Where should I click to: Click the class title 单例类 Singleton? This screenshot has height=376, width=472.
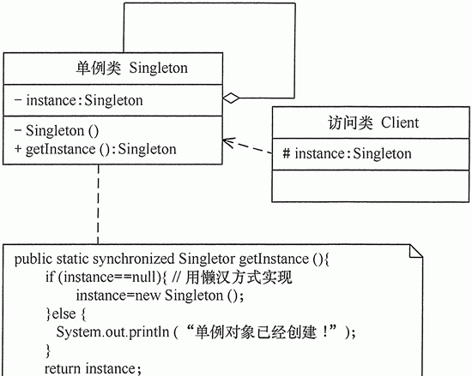(131, 68)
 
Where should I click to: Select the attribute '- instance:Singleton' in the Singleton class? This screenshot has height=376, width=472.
(79, 100)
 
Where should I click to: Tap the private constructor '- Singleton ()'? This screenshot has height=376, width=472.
(57, 131)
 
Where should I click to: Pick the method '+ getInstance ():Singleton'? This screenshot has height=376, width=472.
(95, 149)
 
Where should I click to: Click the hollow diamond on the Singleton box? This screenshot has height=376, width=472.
(231, 98)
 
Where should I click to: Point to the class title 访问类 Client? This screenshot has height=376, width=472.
(373, 122)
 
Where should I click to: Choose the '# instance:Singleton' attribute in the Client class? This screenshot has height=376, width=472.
(347, 153)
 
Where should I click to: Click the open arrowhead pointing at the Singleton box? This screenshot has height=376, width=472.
(228, 142)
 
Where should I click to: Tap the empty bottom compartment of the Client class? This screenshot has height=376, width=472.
(371, 186)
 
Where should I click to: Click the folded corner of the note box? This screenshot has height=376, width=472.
(416, 252)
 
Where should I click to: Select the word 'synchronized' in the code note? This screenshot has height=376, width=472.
(133, 260)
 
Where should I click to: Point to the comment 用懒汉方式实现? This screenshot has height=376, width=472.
(239, 277)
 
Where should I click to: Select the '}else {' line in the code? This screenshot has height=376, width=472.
(66, 313)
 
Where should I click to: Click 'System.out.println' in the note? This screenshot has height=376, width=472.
(112, 332)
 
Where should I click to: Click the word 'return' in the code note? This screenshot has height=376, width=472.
(63, 368)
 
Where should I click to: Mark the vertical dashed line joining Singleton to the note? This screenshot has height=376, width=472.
(98, 204)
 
